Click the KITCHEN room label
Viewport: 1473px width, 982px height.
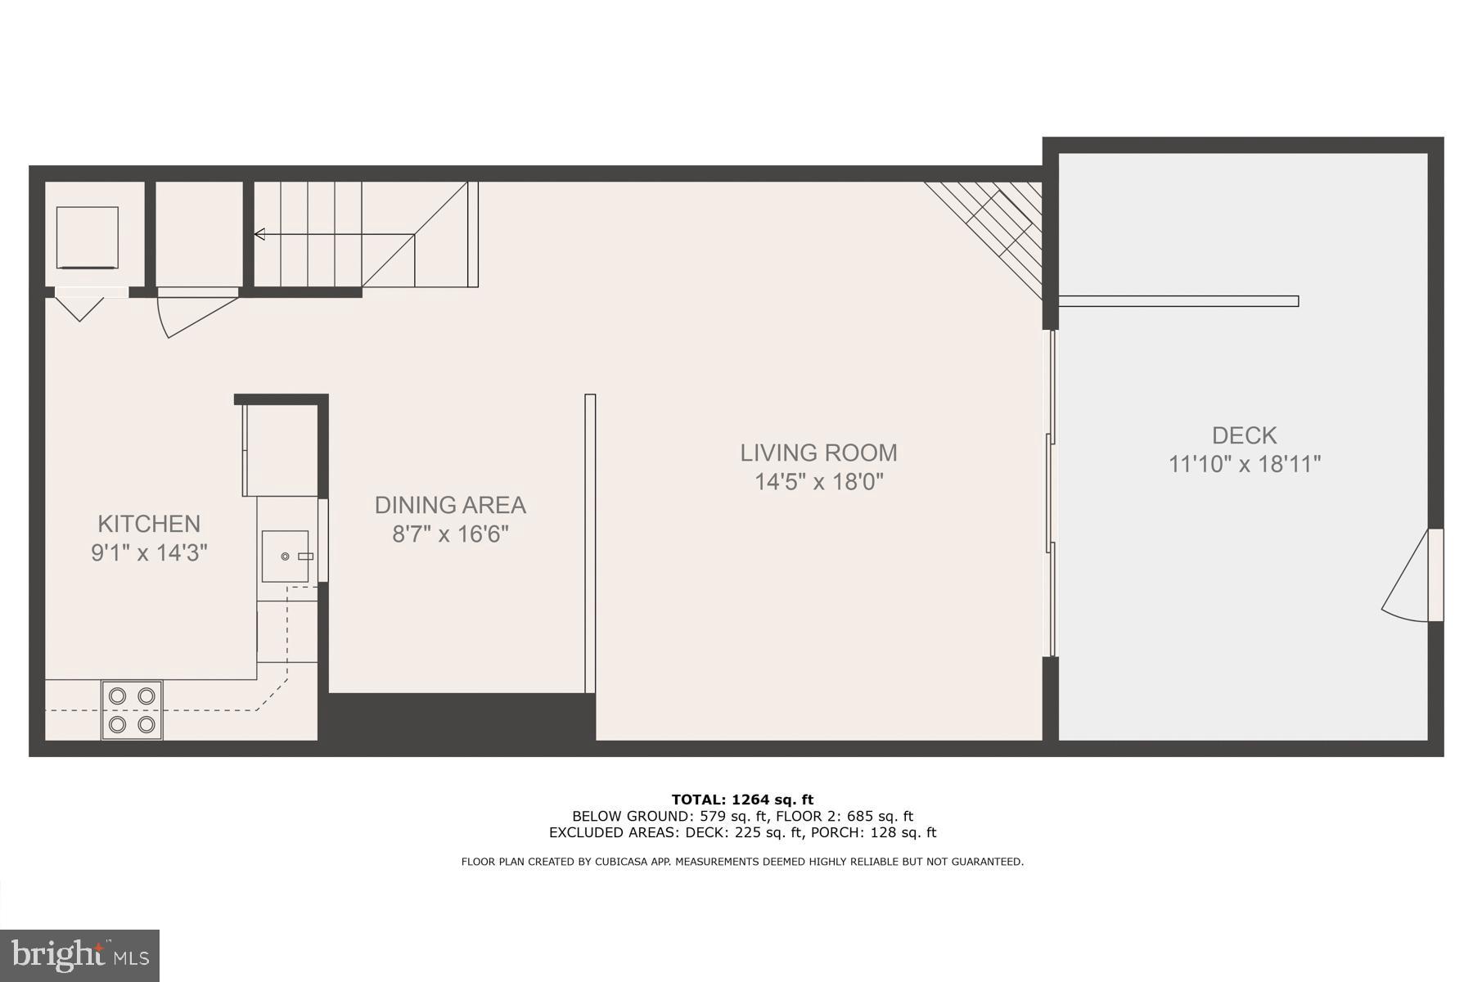coord(149,524)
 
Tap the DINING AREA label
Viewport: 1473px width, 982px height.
coord(450,505)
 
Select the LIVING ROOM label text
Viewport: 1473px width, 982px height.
coord(818,453)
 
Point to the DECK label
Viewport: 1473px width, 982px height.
coord(1244,435)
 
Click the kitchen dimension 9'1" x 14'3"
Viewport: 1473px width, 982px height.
coord(149,553)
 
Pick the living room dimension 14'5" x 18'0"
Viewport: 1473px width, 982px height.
coord(818,481)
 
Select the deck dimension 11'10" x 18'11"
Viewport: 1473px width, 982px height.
coord(1244,464)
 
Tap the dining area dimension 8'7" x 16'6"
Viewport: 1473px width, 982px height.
coord(450,534)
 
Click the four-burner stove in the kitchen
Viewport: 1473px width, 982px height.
coord(132,709)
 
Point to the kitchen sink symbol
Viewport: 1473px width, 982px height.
coord(286,556)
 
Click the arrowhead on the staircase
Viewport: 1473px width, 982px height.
coord(259,235)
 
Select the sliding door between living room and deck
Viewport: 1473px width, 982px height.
coord(1052,491)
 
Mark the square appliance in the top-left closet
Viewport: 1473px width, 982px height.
coord(87,237)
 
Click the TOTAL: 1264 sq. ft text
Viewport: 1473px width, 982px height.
coord(742,800)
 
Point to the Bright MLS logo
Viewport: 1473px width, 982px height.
coord(79,955)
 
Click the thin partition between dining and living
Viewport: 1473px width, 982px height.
coord(590,544)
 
